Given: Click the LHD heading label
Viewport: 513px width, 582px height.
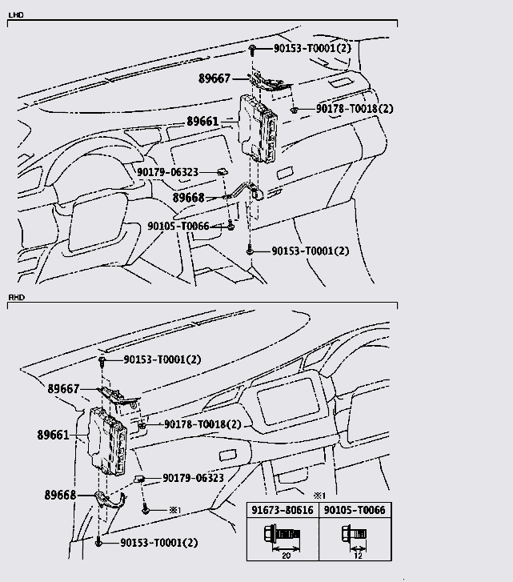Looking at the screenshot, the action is pyautogui.click(x=16, y=15).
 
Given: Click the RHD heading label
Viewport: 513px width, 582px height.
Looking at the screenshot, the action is pyautogui.click(x=16, y=297).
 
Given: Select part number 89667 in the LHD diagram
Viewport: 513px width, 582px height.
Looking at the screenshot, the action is pyautogui.click(x=214, y=78).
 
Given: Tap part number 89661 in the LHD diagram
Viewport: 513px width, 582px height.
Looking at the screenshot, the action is pyautogui.click(x=202, y=122).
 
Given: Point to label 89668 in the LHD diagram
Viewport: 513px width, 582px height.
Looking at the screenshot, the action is pyautogui.click(x=188, y=198).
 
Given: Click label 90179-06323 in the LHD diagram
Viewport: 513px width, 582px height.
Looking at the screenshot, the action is pyautogui.click(x=167, y=172).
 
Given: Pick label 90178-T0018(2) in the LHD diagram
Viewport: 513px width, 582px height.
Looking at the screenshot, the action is pyautogui.click(x=355, y=109).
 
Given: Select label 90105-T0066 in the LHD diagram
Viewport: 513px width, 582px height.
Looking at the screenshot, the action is pyautogui.click(x=178, y=226).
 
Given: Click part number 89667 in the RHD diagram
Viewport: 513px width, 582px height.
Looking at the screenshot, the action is pyautogui.click(x=63, y=388).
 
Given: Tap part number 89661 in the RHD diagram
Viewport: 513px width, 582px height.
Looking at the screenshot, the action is pyautogui.click(x=53, y=435).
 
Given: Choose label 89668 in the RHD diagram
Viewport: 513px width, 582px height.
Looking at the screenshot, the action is pyautogui.click(x=60, y=495).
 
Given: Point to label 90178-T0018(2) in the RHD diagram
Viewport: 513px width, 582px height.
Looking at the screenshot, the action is pyautogui.click(x=202, y=423).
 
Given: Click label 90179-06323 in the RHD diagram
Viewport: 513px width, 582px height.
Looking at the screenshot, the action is pyautogui.click(x=193, y=478).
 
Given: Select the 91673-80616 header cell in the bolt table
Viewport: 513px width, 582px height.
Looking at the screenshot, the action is pyautogui.click(x=283, y=510).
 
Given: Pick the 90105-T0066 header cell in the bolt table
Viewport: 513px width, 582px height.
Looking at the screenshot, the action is pyautogui.click(x=355, y=510).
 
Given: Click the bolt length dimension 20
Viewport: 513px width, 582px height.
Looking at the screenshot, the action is pyautogui.click(x=286, y=556).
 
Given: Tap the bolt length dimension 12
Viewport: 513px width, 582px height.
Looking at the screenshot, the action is pyautogui.click(x=358, y=556).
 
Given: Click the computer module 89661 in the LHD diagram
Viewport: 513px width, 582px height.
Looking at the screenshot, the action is pyautogui.click(x=258, y=128).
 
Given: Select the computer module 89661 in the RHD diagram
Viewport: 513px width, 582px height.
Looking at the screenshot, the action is pyautogui.click(x=107, y=441).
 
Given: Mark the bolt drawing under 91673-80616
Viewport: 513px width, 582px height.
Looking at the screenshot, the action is pyautogui.click(x=282, y=535).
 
